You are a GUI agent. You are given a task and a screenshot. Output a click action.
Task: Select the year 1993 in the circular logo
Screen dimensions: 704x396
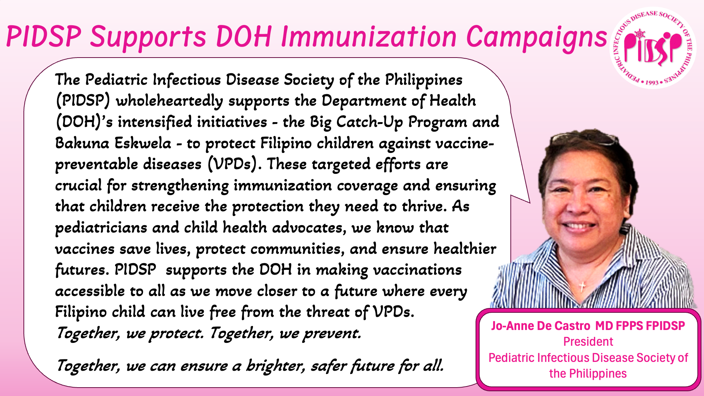coord(652,82)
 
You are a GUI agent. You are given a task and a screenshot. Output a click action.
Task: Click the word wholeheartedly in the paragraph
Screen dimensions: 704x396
coord(169,101)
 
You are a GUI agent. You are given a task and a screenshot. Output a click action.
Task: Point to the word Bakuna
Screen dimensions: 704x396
coord(82,143)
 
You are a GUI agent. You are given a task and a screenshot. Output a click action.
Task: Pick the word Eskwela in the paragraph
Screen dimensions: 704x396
coord(143,143)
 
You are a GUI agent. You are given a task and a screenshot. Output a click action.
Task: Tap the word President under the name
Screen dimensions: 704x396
coord(588,342)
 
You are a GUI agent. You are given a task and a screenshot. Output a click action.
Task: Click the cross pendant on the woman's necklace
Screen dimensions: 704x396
coord(582,285)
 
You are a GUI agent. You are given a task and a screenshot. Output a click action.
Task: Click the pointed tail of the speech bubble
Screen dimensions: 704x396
coord(529,202)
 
